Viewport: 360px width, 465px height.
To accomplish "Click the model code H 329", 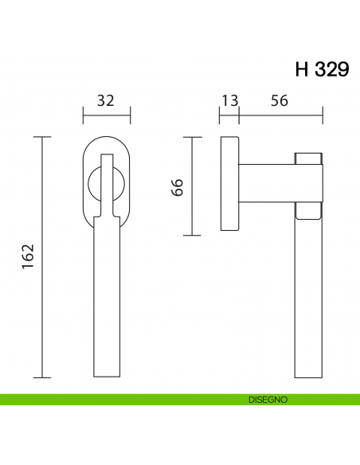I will (321, 69).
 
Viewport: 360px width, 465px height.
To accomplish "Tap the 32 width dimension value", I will (106, 100).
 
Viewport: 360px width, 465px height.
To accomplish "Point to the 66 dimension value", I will (177, 187).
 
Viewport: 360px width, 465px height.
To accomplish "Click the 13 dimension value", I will (229, 100).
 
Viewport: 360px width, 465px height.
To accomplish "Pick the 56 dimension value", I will (279, 100).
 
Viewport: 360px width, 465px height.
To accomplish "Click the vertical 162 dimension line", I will (41, 257).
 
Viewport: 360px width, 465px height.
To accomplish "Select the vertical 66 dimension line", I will (191, 186).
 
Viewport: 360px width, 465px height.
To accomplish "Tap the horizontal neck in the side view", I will (267, 183).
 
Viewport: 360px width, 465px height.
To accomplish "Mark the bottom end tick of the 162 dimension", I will (41, 377).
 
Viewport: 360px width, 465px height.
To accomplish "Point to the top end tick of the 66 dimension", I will (191, 137).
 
